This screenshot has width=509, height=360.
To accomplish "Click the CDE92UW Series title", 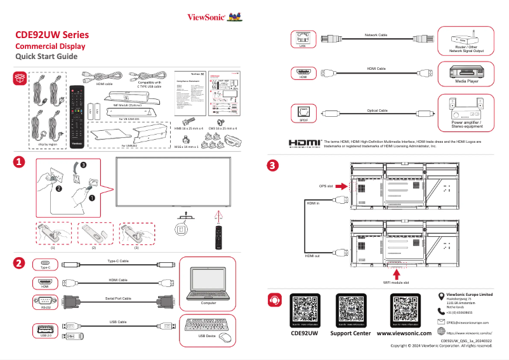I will pyautogui.click(x=52, y=34).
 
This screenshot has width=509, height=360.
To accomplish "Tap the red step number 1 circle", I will pyautogui.click(x=20, y=163).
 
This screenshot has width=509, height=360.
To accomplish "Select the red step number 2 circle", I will pyautogui.click(x=20, y=263).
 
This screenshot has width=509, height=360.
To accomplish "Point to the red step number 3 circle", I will pyautogui.click(x=272, y=166).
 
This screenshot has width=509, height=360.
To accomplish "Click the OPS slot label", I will pyautogui.click(x=326, y=187).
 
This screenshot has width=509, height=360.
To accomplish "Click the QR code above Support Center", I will pyautogui.click(x=350, y=311).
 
